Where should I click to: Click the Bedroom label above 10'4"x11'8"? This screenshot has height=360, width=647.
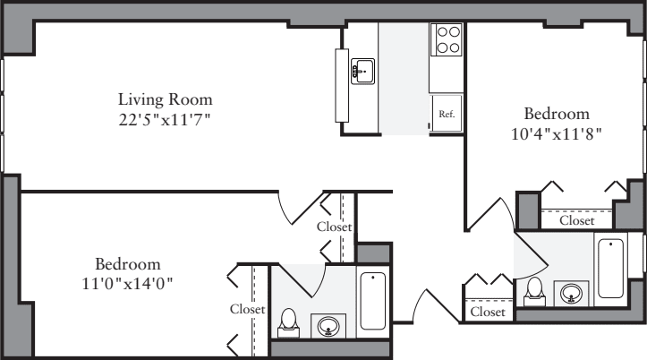pyautogui.click(x=557, y=114)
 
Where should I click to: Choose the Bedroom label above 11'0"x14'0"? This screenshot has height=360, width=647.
pyautogui.click(x=128, y=264)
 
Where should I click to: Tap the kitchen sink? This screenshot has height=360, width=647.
pyautogui.click(x=362, y=70)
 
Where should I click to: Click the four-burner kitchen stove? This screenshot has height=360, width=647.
pyautogui.click(x=447, y=39)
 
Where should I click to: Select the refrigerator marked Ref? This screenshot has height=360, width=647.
pyautogui.click(x=447, y=114)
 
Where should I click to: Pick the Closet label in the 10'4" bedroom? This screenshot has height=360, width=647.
pyautogui.click(x=576, y=219)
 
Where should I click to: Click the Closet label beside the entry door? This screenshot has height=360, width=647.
pyautogui.click(x=488, y=312)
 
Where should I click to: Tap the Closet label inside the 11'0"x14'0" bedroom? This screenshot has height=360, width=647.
pyautogui.click(x=247, y=309)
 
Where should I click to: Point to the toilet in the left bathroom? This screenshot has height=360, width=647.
pyautogui.click(x=288, y=321)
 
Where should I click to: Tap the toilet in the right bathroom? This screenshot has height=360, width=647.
pyautogui.click(x=534, y=289)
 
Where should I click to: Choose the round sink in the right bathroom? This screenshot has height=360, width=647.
pyautogui.click(x=571, y=292)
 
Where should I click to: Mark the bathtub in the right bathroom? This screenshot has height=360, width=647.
pyautogui.click(x=610, y=267)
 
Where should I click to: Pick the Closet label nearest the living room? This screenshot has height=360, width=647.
pyautogui.click(x=334, y=227)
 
